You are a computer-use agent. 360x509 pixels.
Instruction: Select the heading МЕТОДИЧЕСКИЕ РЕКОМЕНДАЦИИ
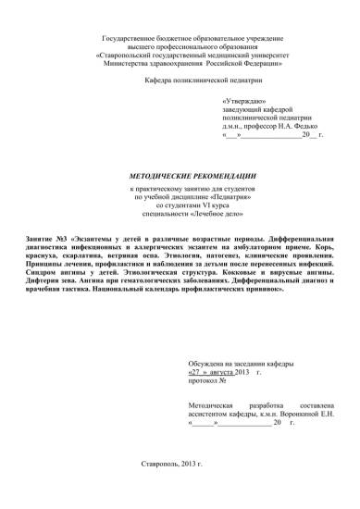click(179, 175)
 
